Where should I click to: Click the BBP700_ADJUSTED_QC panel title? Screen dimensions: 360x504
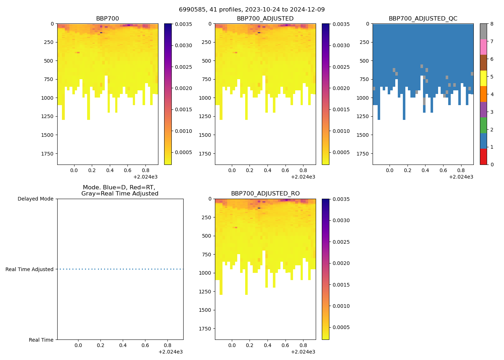click(423, 19)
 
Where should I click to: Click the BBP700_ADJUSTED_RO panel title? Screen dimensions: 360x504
click(265, 194)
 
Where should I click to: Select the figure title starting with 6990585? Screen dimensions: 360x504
click(252, 10)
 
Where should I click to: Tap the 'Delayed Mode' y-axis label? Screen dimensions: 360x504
click(35, 199)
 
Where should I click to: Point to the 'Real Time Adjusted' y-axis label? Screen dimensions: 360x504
click(29, 269)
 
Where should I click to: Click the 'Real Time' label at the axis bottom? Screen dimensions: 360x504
click(41, 340)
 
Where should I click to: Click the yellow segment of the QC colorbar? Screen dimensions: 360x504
click(483, 78)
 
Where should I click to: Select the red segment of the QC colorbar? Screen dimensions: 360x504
click(483, 157)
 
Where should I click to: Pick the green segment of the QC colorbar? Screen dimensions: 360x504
click(483, 125)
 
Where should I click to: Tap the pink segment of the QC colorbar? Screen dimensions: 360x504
click(483, 47)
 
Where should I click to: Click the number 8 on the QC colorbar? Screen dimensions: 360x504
click(492, 24)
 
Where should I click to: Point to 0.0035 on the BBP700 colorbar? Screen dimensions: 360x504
click(183, 24)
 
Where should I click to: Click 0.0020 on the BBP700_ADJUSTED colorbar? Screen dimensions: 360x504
click(341, 88)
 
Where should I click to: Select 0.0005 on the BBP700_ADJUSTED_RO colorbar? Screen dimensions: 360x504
click(341, 327)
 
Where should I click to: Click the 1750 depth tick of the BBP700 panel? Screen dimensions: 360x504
click(47, 154)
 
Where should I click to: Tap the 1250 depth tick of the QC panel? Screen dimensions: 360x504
click(363, 116)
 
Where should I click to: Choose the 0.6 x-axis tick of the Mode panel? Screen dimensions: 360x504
click(145, 345)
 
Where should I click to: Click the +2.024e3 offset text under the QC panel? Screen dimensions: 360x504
click(461, 177)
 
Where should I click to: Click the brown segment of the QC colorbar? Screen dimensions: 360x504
click(483, 63)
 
